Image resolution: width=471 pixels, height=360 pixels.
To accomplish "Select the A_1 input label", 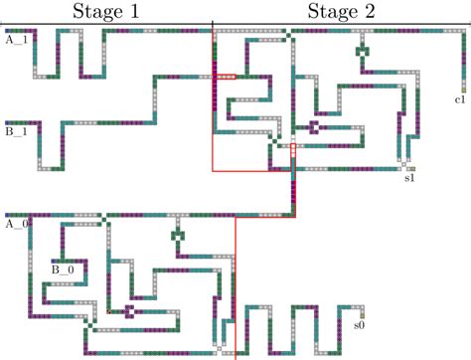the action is [x=16, y=41].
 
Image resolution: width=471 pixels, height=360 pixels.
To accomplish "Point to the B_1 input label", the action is [x=16, y=129].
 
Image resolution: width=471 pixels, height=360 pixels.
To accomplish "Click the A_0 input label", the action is [x=16, y=224].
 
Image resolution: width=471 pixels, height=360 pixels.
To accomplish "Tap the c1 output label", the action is [x=460, y=100].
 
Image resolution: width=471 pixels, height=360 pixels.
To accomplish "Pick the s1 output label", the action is [x=409, y=179].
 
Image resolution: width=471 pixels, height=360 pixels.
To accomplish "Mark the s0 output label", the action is [x=360, y=324].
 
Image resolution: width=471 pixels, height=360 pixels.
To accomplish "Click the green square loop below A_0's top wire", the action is [x=180, y=236].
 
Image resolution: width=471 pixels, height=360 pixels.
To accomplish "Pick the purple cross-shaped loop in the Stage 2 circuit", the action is [x=313, y=126].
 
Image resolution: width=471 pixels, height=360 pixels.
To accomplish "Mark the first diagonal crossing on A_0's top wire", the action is [x=105, y=215].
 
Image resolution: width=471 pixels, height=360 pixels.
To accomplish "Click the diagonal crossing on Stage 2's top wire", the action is [x=288, y=33].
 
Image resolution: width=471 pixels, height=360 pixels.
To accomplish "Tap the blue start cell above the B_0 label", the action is [x=56, y=262].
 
